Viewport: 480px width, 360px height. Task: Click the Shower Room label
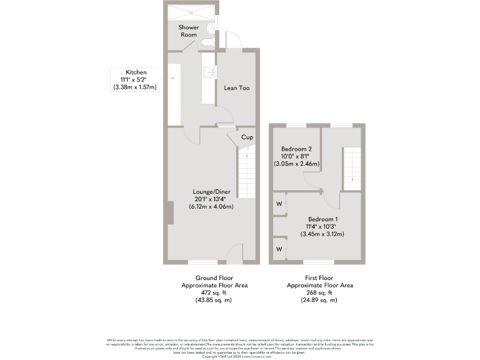tap(188, 31)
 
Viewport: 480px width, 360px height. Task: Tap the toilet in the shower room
tap(207, 42)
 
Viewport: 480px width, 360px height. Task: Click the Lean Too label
tap(237, 88)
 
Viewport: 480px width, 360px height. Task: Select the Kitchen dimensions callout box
tap(135, 79)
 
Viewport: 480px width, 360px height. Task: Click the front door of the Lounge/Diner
tap(234, 253)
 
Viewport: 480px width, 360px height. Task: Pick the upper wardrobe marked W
tap(279, 204)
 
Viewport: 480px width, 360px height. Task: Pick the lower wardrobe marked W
tap(279, 248)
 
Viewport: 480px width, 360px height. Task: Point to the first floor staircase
tap(352, 167)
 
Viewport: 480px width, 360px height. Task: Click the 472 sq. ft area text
tap(214, 292)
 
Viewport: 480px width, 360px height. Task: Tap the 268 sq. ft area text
tap(319, 292)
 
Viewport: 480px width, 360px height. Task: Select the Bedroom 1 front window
tap(319, 261)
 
